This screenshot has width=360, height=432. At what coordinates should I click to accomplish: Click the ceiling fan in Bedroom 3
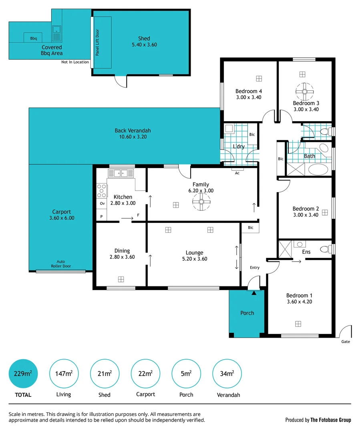pyautogui.click(x=305, y=92)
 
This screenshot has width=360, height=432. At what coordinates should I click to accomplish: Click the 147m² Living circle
pyautogui.click(x=64, y=374)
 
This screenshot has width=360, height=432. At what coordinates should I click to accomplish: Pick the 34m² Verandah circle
pyautogui.click(x=226, y=374)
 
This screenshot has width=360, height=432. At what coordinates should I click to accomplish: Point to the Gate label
pyautogui.click(x=346, y=342)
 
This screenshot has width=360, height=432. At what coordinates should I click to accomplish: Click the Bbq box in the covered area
pyautogui.click(x=33, y=38)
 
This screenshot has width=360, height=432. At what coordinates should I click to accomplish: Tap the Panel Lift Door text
pyautogui.click(x=97, y=42)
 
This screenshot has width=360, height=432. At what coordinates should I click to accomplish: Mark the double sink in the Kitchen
pyautogui.click(x=121, y=173)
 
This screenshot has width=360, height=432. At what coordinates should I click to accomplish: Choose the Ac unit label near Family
pyautogui.click(x=237, y=173)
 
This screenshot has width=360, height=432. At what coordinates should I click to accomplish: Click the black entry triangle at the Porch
pyautogui.click(x=254, y=293)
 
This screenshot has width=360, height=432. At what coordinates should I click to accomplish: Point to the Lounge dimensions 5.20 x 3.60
pyautogui.click(x=194, y=259)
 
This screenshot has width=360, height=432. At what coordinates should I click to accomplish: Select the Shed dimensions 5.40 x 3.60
pyautogui.click(x=144, y=45)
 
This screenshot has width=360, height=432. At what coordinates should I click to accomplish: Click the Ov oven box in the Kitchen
pyautogui.click(x=102, y=204)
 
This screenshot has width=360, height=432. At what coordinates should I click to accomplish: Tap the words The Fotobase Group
pyautogui.click(x=331, y=420)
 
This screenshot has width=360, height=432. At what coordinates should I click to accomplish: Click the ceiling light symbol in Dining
pyautogui.click(x=121, y=279)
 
